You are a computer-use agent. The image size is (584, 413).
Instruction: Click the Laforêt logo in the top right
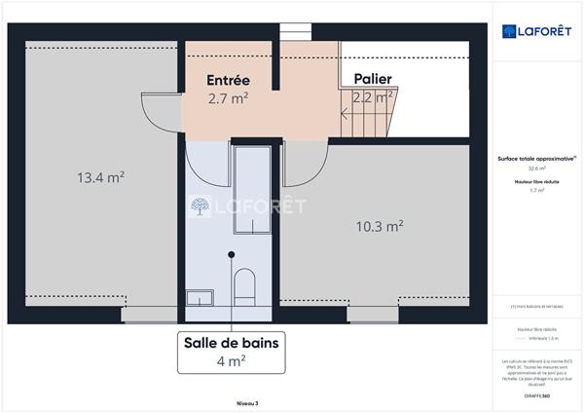tap(534, 31)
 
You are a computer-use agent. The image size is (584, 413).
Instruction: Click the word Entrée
tap(229, 80)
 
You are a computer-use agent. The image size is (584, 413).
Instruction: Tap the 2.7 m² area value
tap(229, 98)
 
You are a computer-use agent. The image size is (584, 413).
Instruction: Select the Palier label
tap(372, 78)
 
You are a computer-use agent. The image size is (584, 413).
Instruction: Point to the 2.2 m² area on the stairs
tap(372, 96)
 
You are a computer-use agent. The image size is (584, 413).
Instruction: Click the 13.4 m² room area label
tap(100, 177)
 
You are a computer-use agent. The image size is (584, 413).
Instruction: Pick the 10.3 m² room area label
tap(380, 226)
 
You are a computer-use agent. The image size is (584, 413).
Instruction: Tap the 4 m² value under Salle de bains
tap(231, 360)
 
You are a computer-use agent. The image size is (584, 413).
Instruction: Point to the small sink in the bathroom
tap(201, 294)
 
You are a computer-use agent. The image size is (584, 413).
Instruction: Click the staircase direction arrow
tap(346, 112)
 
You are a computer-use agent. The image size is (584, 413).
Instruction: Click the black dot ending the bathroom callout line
tap(231, 254)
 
